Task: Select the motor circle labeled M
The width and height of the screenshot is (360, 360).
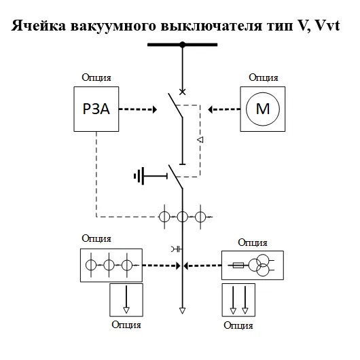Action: (262, 108)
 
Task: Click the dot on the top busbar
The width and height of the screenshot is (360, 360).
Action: (182, 46)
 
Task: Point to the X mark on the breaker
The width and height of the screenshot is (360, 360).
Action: (181, 91)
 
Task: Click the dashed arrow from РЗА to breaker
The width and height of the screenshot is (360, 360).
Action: (139, 108)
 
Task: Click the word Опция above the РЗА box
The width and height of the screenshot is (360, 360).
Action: (96, 79)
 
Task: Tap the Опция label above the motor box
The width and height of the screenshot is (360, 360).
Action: (262, 79)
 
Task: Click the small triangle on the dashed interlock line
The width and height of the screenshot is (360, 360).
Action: (200, 140)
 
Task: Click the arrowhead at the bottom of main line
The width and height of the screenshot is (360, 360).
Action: (182, 311)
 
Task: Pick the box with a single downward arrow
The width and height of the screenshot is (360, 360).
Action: (126, 300)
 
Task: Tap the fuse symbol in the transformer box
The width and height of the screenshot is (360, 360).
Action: (238, 266)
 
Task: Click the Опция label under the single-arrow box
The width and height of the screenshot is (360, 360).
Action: (126, 324)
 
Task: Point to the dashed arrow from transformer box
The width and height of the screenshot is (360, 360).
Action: (202, 266)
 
